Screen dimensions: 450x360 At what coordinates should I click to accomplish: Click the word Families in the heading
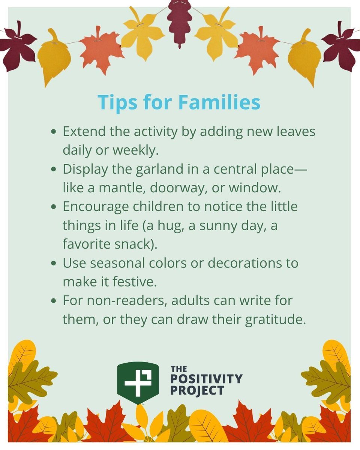(219, 102)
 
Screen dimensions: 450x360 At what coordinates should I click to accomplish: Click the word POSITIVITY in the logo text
(206, 379)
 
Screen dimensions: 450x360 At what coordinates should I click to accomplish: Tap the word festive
(135, 282)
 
